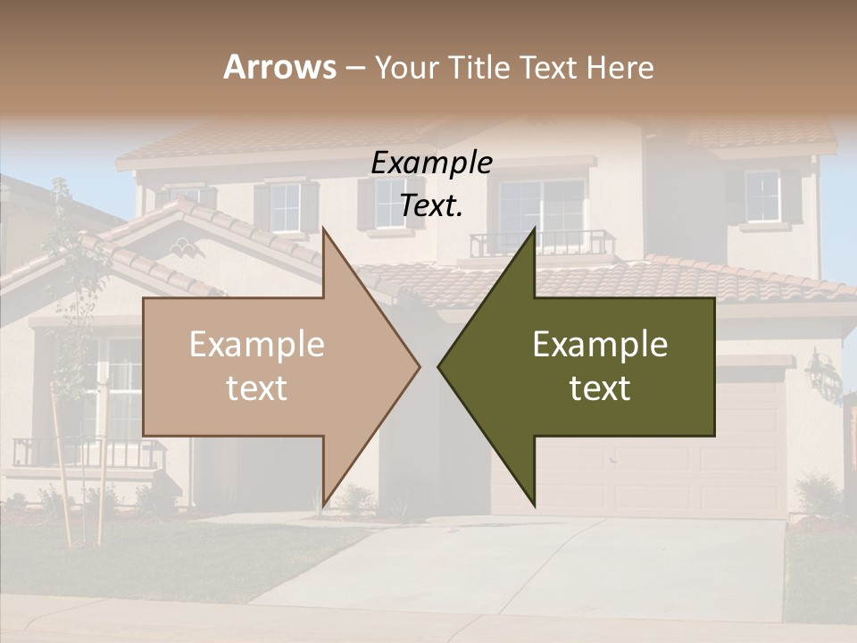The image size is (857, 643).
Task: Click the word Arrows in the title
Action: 279,67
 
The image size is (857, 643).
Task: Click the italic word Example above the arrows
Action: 431,163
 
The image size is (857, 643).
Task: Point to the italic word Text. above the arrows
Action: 431,205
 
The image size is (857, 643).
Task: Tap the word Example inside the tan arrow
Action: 256,345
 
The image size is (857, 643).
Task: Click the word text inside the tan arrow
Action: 256,388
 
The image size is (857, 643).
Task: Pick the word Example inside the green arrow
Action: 600,345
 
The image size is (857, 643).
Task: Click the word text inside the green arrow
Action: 600,388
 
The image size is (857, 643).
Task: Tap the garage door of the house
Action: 750,464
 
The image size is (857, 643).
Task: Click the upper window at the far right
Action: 761,196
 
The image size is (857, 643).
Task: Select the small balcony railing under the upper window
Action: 542,243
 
